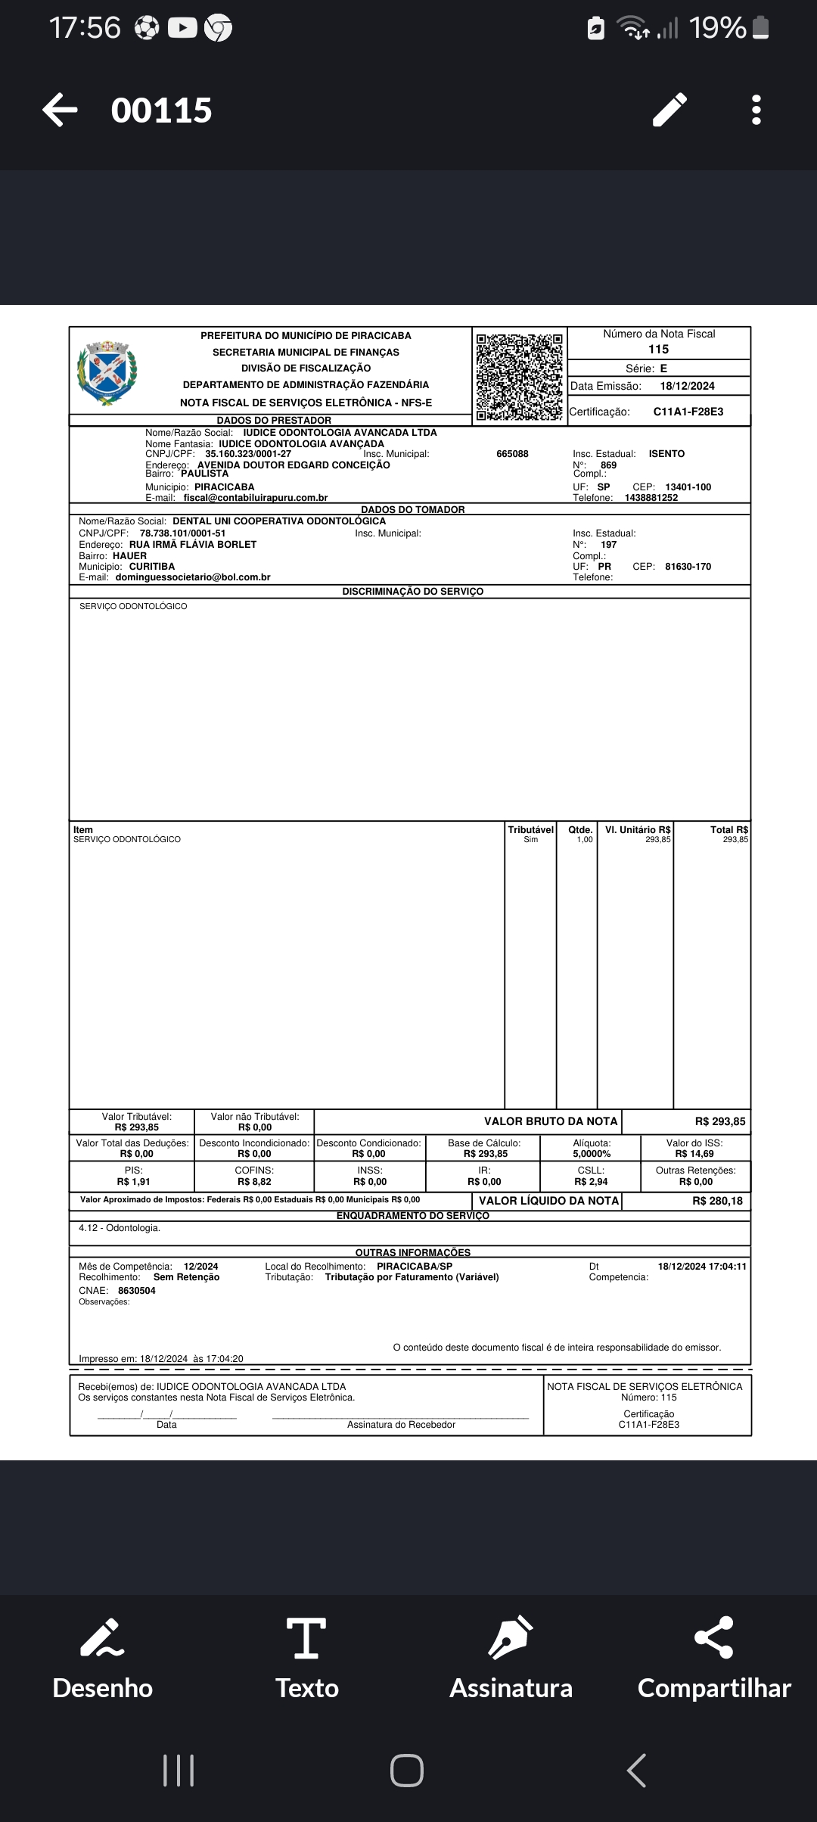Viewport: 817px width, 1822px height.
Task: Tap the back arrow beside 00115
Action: [60, 110]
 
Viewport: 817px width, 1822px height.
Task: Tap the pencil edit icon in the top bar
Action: [670, 110]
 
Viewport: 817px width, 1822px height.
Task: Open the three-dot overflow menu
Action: [756, 110]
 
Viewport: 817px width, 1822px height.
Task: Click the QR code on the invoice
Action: [519, 376]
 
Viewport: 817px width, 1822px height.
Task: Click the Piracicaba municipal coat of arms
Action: [107, 373]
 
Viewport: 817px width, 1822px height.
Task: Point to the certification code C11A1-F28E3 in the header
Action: [688, 412]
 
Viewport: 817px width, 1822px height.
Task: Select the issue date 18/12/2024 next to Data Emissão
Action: [687, 386]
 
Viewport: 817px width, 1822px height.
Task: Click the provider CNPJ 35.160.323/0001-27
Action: [248, 454]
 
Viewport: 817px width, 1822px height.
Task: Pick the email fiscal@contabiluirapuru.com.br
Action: [256, 498]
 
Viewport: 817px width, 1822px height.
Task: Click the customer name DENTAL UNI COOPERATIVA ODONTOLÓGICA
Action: [279, 521]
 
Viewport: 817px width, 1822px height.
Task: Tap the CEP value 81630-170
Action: [688, 567]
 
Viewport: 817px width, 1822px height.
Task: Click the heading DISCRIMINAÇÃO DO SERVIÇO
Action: [412, 592]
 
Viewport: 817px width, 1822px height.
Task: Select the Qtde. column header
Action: [580, 830]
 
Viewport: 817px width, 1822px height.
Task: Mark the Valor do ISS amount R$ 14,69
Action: [694, 1154]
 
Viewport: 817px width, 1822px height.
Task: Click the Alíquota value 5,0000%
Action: [592, 1154]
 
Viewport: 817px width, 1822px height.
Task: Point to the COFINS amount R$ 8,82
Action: [254, 1182]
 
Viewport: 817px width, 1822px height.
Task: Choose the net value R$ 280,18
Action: [717, 1201]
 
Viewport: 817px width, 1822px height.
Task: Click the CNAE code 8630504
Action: [137, 1291]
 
